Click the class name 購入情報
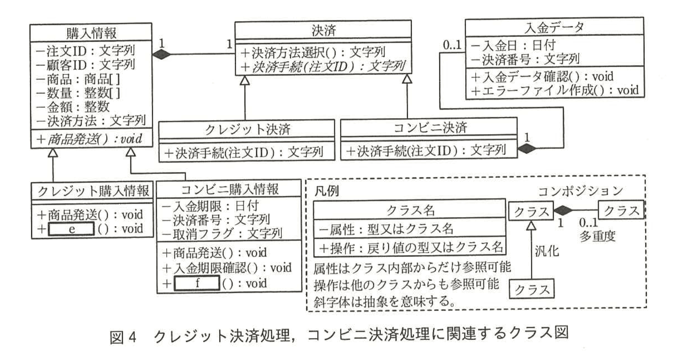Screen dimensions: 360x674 coord(91,33)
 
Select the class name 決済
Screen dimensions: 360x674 coord(323,30)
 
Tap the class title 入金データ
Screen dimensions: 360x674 coord(554,28)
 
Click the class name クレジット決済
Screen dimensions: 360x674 coord(247,129)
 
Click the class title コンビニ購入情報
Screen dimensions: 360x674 coord(229,189)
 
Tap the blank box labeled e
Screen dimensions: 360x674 coord(72,229)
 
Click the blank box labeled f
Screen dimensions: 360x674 coord(197,283)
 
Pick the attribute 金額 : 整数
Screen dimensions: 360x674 coord(73,107)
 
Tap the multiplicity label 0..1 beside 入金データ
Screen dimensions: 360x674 coord(452,45)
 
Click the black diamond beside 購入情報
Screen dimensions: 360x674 coord(161,54)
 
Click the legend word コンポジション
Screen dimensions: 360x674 coord(580,191)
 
